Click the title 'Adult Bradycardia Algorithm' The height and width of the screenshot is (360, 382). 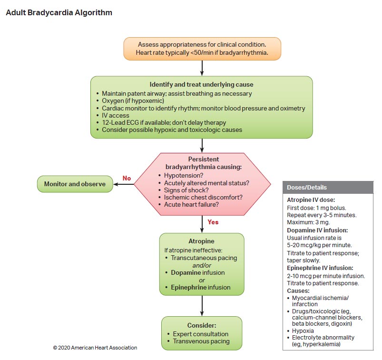click(59, 13)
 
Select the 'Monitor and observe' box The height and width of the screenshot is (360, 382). click(75, 184)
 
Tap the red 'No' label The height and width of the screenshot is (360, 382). click(127, 178)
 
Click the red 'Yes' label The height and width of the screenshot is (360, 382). click(213, 222)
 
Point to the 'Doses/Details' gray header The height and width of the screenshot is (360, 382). click(307, 187)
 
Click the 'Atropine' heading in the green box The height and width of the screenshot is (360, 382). click(201, 241)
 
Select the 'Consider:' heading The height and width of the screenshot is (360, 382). click(202, 325)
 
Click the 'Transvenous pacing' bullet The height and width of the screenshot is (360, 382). click(201, 341)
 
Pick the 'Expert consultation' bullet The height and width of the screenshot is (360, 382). click(201, 333)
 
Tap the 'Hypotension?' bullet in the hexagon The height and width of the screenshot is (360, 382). click(183, 176)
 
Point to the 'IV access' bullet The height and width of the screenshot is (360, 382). click(116, 115)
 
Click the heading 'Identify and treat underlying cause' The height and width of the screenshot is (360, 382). click(201, 85)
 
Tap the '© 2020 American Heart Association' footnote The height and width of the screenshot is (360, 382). click(95, 348)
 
